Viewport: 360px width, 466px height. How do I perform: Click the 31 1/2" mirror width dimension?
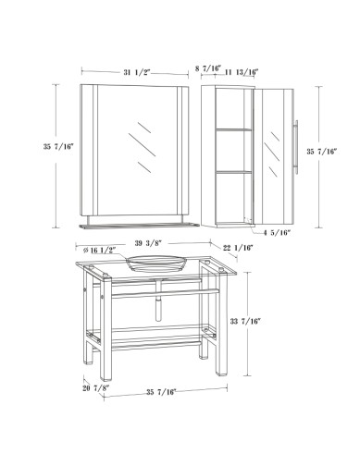coord(137,73)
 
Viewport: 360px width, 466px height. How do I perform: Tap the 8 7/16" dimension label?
coord(208,68)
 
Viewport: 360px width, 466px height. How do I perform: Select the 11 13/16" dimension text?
coord(242,72)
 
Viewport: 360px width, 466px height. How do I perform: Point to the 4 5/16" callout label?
coord(277,233)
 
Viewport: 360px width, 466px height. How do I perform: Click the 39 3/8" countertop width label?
coord(148,243)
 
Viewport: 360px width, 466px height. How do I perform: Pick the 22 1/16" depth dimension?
coord(238,248)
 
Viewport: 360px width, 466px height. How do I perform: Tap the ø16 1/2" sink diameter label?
coord(99,250)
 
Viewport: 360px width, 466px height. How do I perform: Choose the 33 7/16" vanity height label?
coord(245,322)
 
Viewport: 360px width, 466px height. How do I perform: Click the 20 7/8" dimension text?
coord(96,388)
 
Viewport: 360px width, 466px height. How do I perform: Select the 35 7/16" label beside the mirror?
coord(58,147)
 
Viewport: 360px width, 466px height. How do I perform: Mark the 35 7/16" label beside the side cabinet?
coord(321,152)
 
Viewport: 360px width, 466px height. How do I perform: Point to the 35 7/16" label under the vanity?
coord(161,392)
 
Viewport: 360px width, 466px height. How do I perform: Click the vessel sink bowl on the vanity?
coord(156,264)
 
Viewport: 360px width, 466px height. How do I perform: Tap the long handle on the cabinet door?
coord(296,147)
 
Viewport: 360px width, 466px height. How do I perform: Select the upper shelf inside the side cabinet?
coord(233,129)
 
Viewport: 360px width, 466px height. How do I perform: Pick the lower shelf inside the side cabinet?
coord(233,172)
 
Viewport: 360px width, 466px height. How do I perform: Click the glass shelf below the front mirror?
coord(139,226)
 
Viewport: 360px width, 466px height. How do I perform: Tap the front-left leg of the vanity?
coord(106,329)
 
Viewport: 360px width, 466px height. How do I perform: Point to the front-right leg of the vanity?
coord(222,323)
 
